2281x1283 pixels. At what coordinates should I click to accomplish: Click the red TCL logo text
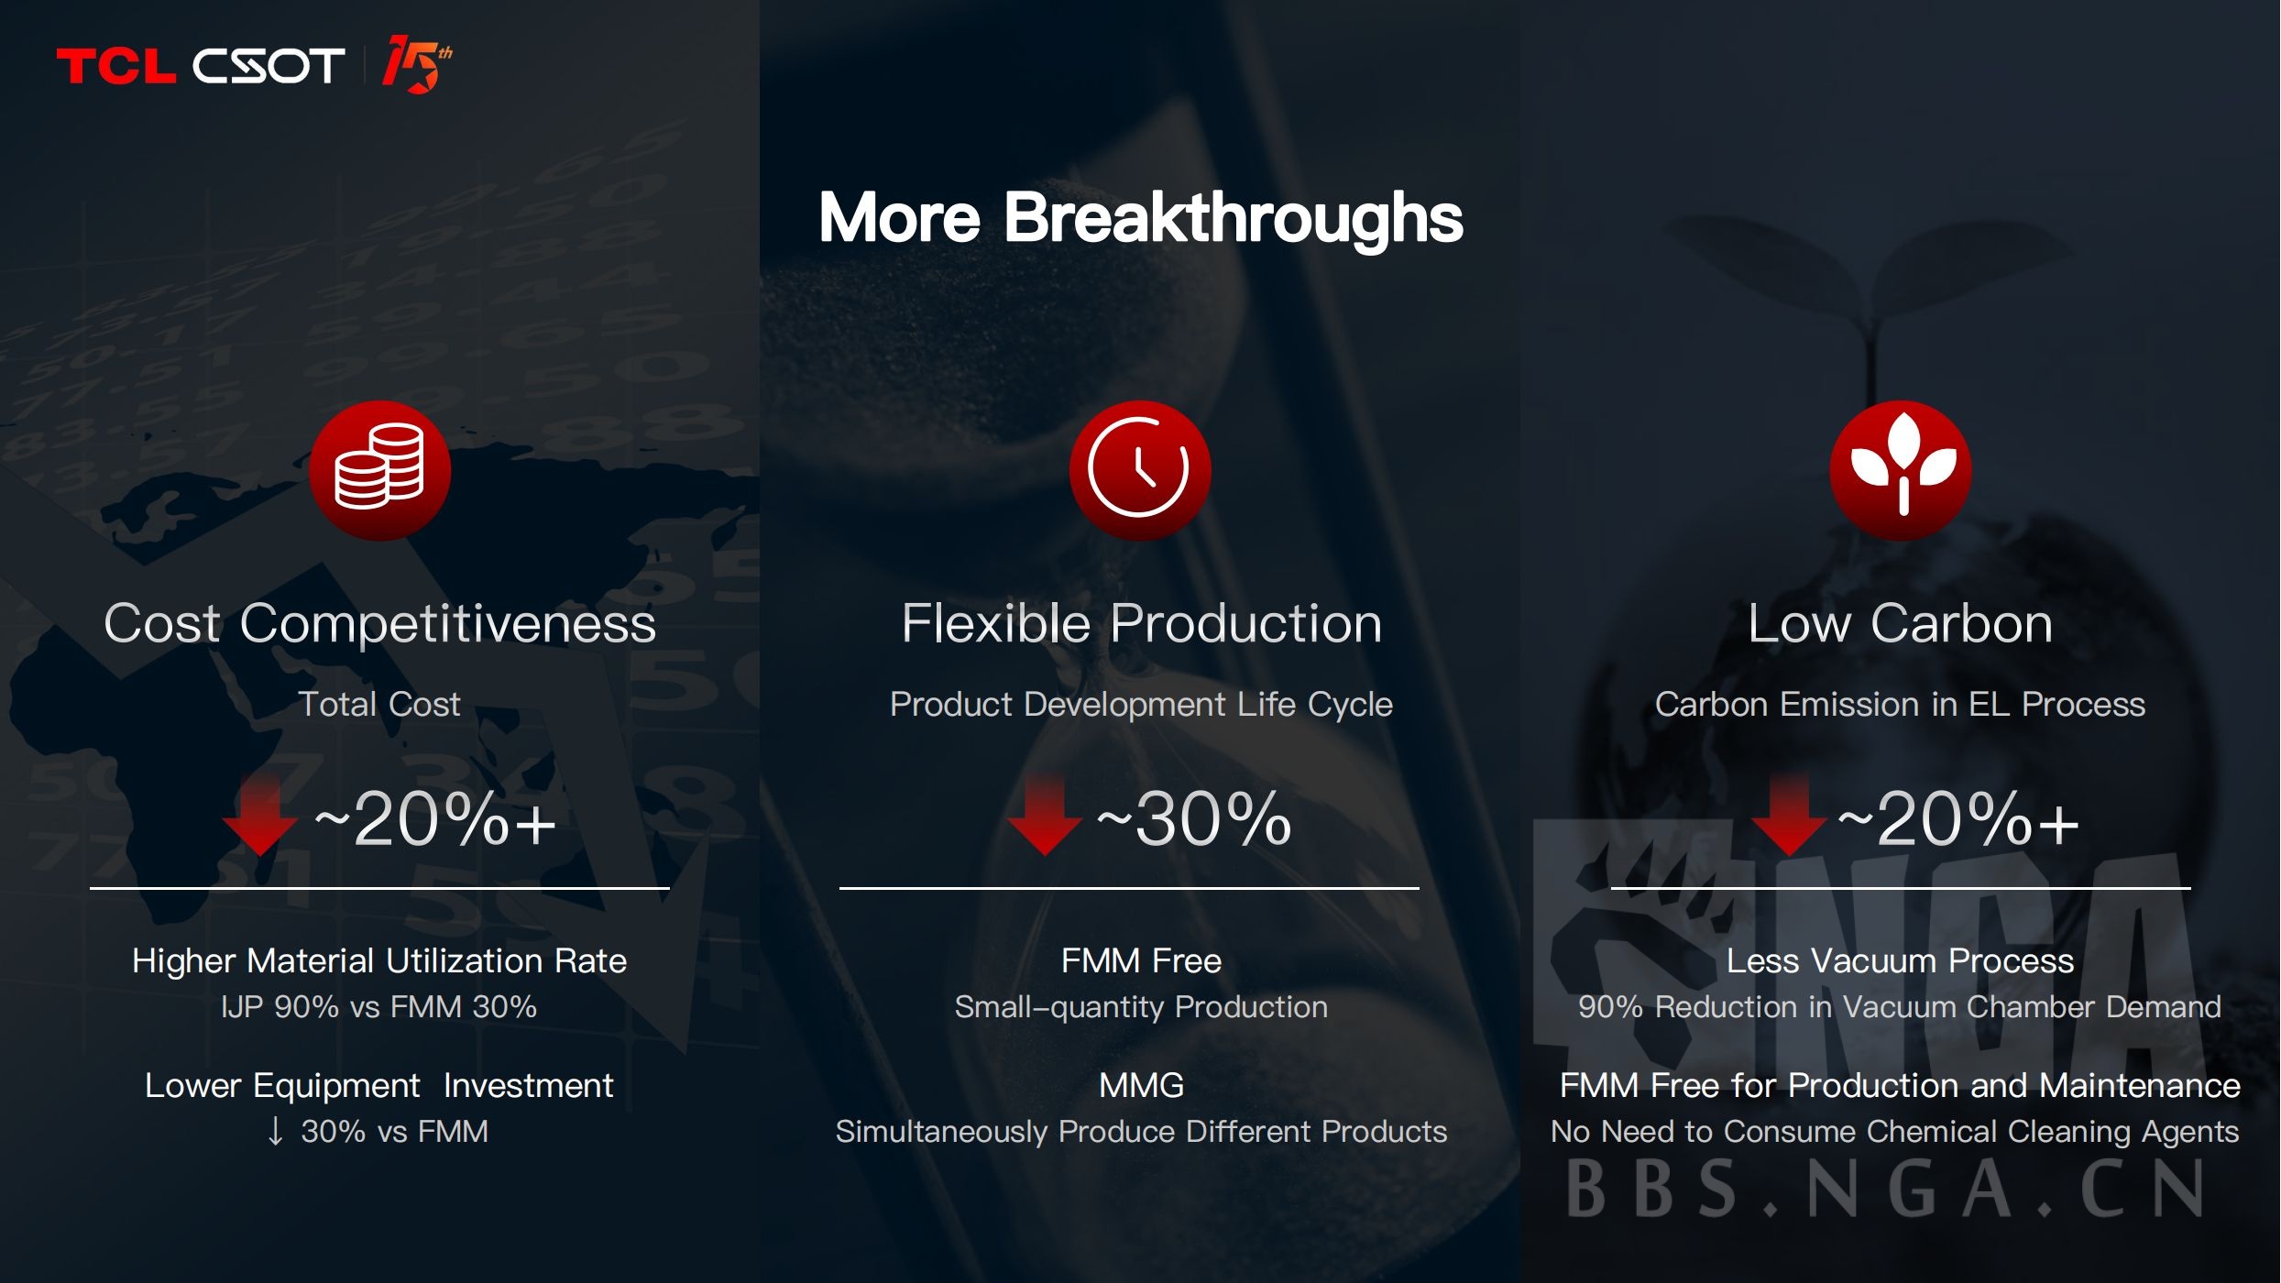[115, 66]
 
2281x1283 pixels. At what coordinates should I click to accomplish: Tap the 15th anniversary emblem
[417, 64]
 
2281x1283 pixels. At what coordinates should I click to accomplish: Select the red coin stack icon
[379, 470]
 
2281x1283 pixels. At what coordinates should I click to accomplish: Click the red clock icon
[1140, 470]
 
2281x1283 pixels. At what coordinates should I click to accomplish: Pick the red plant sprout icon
[1901, 470]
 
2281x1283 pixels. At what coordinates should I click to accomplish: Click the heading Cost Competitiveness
[379, 624]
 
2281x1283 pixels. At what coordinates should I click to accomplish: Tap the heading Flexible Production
[1141, 624]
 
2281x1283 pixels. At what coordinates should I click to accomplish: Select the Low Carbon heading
[1900, 624]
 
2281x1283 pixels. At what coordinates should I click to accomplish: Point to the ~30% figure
[1194, 818]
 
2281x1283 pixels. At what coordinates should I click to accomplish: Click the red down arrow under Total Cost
[259, 815]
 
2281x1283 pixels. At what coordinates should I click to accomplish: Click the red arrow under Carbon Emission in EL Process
[1788, 815]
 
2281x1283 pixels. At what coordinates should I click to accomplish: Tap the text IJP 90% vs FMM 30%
[378, 1007]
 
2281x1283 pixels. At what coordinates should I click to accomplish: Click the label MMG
[1141, 1086]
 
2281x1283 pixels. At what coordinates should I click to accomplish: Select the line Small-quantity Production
[1141, 1007]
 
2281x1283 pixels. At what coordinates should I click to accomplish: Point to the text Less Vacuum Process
[1900, 961]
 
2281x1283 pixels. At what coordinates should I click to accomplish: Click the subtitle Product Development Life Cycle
[1141, 705]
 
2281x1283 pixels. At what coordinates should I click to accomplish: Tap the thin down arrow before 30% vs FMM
[275, 1132]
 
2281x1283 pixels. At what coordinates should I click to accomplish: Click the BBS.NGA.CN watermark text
[1884, 1190]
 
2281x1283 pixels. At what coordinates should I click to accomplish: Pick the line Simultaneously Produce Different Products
[1141, 1133]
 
